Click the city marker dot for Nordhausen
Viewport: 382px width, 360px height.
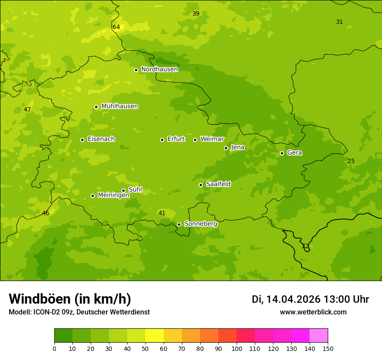[136, 70]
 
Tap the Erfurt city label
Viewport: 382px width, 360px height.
[176, 139]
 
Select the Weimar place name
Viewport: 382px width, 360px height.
[212, 139]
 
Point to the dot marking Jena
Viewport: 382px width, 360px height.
[226, 148]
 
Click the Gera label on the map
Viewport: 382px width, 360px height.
[294, 153]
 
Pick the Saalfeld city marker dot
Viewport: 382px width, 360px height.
[201, 185]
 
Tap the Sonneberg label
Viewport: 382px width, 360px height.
[201, 224]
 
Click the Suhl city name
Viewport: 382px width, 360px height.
[135, 190]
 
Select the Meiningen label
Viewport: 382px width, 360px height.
[113, 195]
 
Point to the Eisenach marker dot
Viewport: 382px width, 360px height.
[82, 140]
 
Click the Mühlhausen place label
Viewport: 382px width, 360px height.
[119, 106]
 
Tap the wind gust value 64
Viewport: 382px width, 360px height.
[116, 27]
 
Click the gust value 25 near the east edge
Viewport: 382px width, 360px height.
[351, 161]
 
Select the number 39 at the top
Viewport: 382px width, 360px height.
[196, 14]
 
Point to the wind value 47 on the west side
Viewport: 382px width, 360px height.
[27, 110]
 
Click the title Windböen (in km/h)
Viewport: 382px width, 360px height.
[70, 299]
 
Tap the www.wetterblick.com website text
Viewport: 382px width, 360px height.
[313, 312]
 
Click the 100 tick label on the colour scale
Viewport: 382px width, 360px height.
[237, 348]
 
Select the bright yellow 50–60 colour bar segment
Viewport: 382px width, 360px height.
[155, 336]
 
